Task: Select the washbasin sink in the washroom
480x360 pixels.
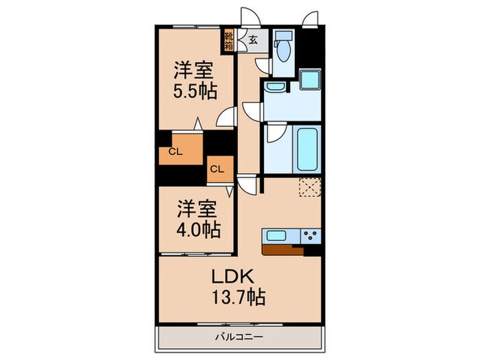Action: point(276,86)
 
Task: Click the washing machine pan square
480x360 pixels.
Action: point(310,80)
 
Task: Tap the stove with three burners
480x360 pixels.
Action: point(310,235)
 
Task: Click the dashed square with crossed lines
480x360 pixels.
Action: point(310,187)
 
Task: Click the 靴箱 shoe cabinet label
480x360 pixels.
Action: point(228,40)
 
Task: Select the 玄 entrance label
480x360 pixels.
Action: point(253,40)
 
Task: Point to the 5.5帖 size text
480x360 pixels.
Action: point(193,91)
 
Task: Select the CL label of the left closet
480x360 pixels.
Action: point(176,153)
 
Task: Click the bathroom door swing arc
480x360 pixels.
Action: point(274,134)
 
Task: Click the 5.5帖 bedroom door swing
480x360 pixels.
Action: point(226,118)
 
